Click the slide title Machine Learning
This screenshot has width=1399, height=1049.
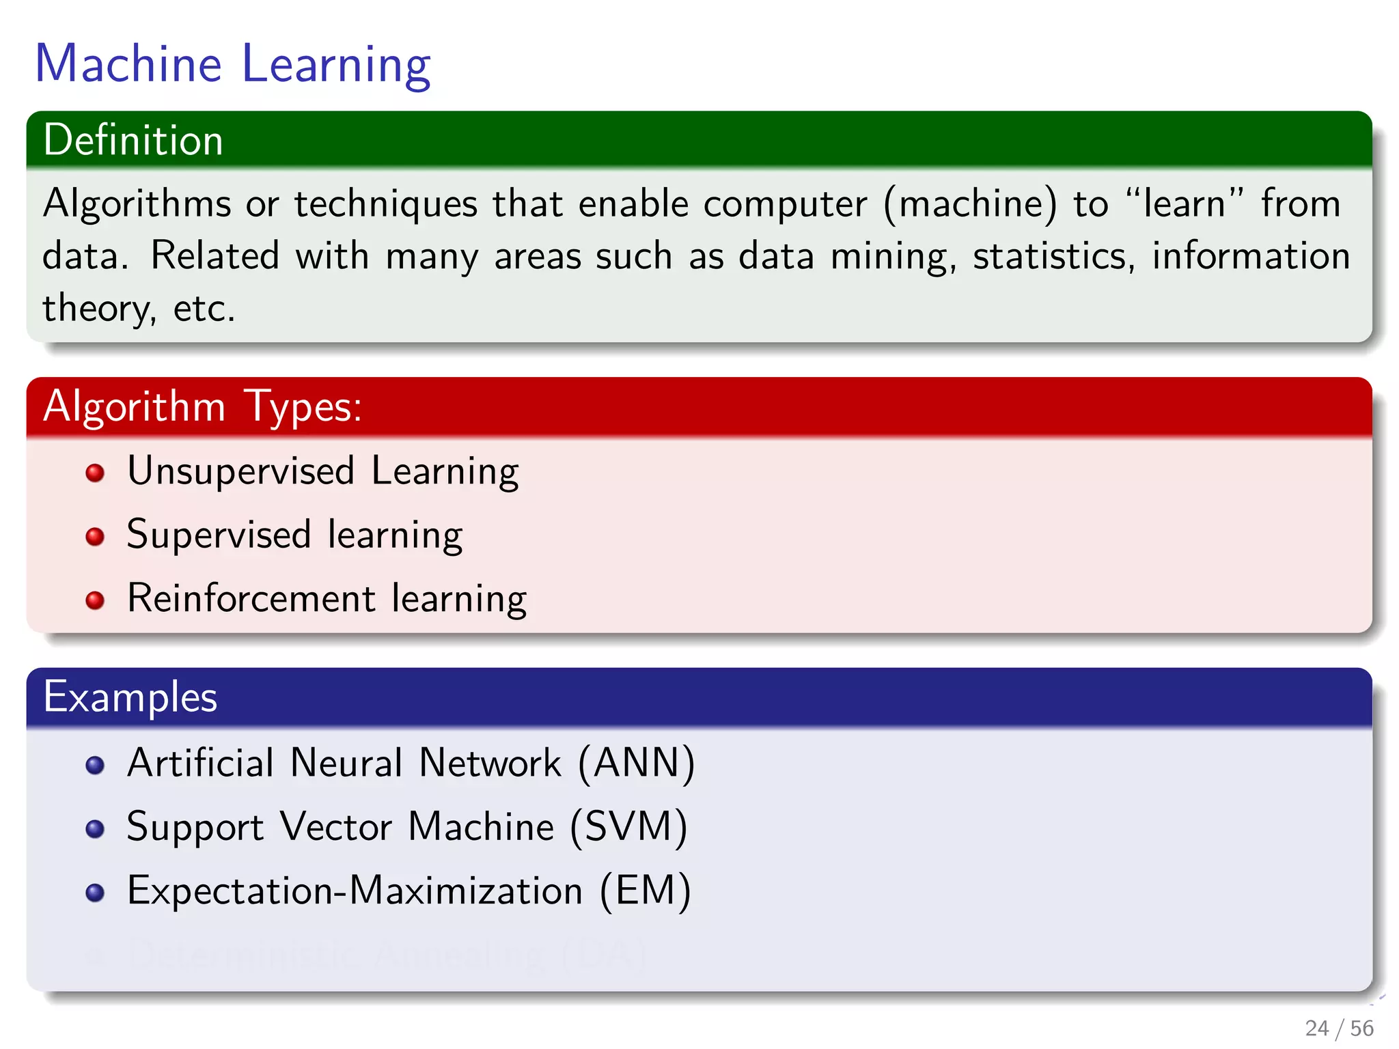(232, 64)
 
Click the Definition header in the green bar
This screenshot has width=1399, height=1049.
(133, 141)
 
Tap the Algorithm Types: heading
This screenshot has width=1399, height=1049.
(202, 406)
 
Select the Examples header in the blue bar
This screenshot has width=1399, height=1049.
(130, 697)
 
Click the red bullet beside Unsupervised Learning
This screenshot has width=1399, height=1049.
(95, 473)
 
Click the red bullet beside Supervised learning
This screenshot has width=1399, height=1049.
(95, 536)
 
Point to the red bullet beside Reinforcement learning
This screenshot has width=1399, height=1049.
(95, 600)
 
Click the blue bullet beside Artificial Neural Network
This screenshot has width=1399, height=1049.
(95, 765)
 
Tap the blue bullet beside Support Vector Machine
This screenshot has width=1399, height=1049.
(95, 829)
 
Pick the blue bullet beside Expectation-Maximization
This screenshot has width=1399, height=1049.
(95, 893)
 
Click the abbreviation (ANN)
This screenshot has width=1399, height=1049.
(636, 763)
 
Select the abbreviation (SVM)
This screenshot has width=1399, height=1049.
(628, 827)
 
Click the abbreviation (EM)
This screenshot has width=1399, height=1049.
(646, 891)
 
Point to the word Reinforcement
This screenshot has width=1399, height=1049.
(251, 599)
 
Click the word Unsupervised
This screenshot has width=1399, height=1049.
(241, 471)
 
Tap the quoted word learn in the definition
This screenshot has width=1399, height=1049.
(1184, 204)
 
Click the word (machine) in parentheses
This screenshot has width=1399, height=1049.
(970, 204)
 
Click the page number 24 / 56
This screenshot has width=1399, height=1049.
(1338, 1028)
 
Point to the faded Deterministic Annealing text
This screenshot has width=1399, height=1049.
(386, 954)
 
